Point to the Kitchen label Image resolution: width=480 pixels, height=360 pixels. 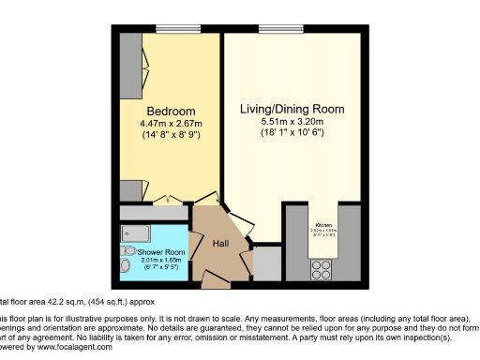coord(323,226)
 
